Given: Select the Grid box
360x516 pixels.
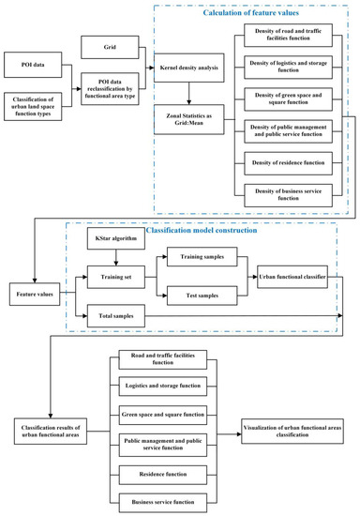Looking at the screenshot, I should [x=109, y=45].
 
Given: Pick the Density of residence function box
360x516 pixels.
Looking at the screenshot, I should [x=286, y=165].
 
